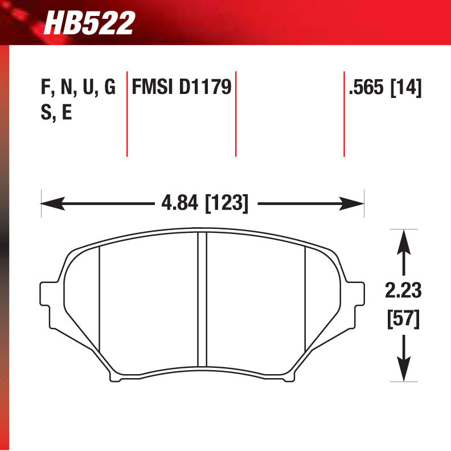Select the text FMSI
pyautogui.click(x=153, y=88)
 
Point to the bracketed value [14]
pyautogui.click(x=406, y=88)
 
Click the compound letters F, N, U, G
pyautogui.click(x=78, y=88)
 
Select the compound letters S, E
pyautogui.click(x=55, y=113)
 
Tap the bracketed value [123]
pyautogui.click(x=226, y=203)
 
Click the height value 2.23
pyautogui.click(x=403, y=291)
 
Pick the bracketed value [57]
pyautogui.click(x=403, y=319)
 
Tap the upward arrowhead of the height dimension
pyautogui.click(x=404, y=239)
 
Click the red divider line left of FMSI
pyautogui.click(x=126, y=114)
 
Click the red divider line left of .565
pyautogui.click(x=344, y=114)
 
